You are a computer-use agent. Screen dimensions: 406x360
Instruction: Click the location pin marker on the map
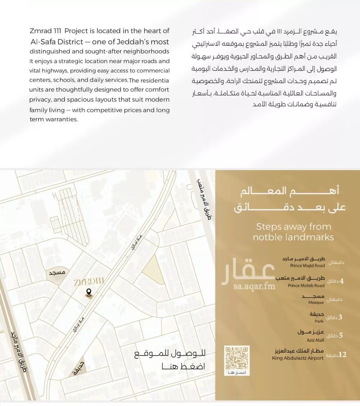pos(88,293)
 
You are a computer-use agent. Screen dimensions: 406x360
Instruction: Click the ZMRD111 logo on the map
pos(88,282)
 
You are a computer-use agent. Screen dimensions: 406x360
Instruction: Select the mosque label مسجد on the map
pos(57,273)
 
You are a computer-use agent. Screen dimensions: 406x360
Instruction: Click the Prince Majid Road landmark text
pos(307,265)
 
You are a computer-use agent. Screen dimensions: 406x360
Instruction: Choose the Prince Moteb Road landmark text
pos(306,286)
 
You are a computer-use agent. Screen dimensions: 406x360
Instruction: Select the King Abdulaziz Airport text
pos(298,358)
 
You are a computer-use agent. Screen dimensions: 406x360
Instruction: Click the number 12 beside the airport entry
pos(342,355)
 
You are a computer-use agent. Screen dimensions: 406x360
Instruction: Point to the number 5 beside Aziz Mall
pos(341,336)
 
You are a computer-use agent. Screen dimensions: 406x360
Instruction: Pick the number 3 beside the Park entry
pos(341,317)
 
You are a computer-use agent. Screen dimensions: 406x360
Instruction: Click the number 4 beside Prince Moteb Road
pos(341,281)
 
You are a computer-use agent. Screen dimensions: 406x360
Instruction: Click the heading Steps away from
pos(293,227)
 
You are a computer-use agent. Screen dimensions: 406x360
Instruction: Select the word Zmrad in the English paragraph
pos(40,31)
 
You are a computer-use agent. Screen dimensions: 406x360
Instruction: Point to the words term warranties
pos(53,119)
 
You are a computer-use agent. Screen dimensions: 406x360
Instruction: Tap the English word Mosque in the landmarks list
pos(316,303)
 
